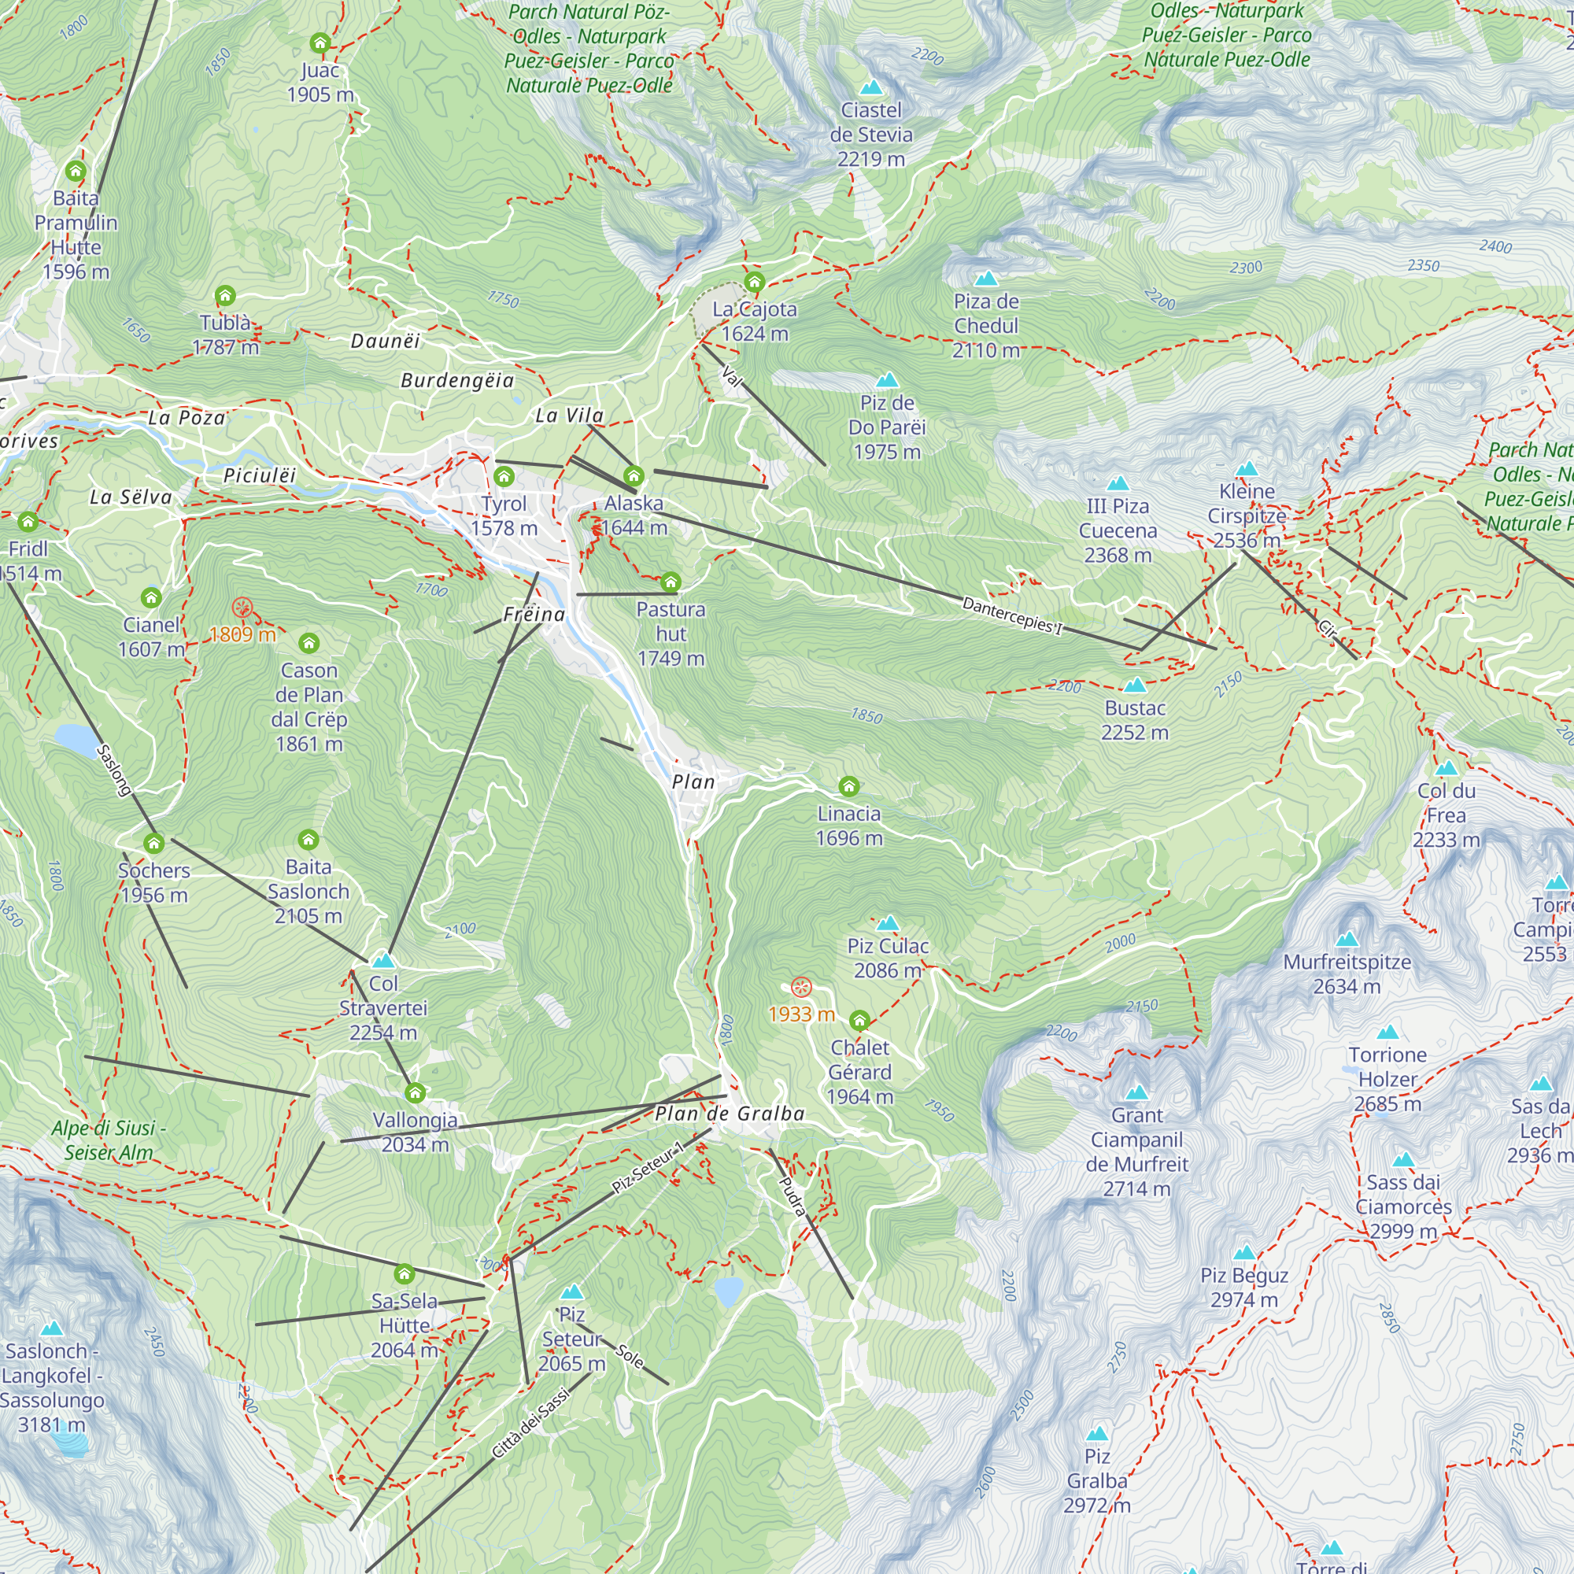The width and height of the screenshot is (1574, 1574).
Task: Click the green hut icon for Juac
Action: pos(320,42)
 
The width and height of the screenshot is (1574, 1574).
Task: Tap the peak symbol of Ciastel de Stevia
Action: pos(871,87)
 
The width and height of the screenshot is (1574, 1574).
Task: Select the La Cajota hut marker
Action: pos(755,283)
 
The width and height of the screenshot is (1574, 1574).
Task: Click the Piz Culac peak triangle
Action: pos(887,923)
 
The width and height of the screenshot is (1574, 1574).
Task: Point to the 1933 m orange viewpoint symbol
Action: pos(802,988)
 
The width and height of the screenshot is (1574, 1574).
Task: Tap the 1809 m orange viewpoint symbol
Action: pos(242,607)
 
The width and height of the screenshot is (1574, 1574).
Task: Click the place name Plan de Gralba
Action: pos(730,1114)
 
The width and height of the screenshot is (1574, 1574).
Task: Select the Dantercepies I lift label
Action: pos(1012,615)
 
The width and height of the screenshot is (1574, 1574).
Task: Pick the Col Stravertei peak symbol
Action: pos(383,960)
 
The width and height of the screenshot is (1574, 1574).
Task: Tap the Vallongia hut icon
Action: pos(415,1092)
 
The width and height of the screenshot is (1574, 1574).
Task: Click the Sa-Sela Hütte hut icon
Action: pos(404,1273)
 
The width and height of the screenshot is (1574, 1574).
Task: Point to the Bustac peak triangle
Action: pos(1135,685)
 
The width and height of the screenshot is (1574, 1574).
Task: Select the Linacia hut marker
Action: pos(849,786)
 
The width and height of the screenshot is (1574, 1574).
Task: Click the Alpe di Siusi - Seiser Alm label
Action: pos(109,1140)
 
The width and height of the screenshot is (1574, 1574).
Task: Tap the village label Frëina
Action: pos(534,615)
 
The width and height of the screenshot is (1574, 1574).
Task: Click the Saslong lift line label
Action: pos(114,770)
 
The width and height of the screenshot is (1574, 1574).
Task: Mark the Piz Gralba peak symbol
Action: pos(1096,1434)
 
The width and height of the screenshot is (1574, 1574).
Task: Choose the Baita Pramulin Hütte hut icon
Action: pos(76,171)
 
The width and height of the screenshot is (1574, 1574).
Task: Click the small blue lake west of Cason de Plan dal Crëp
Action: pos(75,740)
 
